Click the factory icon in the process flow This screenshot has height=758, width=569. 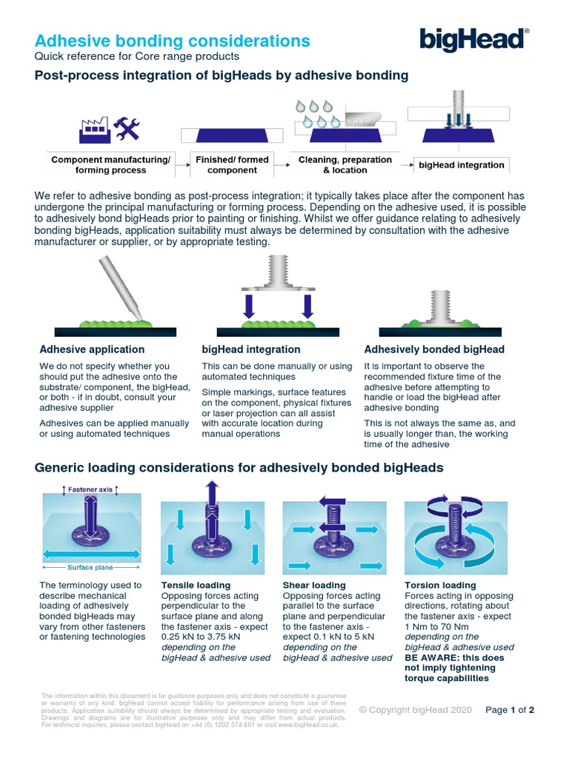click(x=93, y=130)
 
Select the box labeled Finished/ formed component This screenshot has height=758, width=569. click(x=231, y=164)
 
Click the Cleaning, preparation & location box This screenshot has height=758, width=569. click(x=345, y=164)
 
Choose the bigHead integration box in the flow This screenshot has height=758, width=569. click(x=461, y=165)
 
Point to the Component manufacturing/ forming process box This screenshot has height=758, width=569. click(x=111, y=164)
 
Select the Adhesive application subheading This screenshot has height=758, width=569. click(x=92, y=349)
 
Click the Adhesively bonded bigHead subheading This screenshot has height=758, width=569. click(x=434, y=349)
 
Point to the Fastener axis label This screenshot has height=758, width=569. click(x=90, y=490)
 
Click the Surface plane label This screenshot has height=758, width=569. click(x=90, y=568)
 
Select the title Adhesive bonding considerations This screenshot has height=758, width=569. click(x=173, y=41)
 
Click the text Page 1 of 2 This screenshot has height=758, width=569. click(x=510, y=710)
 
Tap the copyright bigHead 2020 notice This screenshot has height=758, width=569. click(x=415, y=710)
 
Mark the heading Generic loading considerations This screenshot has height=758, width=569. click(x=239, y=467)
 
